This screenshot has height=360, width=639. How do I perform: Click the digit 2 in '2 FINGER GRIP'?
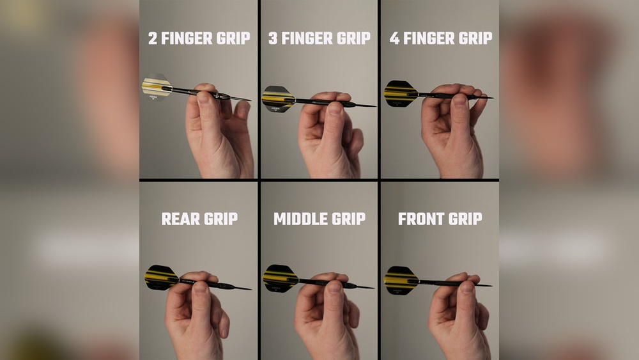coord(153,38)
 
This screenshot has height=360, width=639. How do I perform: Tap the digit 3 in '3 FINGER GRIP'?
coord(273,38)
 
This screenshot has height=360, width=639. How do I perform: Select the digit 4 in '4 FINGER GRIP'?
coord(394,38)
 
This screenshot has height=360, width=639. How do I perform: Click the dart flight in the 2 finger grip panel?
coord(157,87)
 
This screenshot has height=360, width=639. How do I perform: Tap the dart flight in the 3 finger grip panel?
coord(277,98)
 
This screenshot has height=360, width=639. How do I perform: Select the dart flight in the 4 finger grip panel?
coord(399,93)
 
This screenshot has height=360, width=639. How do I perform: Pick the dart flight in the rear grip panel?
coord(160,278)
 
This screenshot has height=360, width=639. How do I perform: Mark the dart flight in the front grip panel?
coord(401,280)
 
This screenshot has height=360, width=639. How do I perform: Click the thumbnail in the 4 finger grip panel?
coord(459,100)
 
